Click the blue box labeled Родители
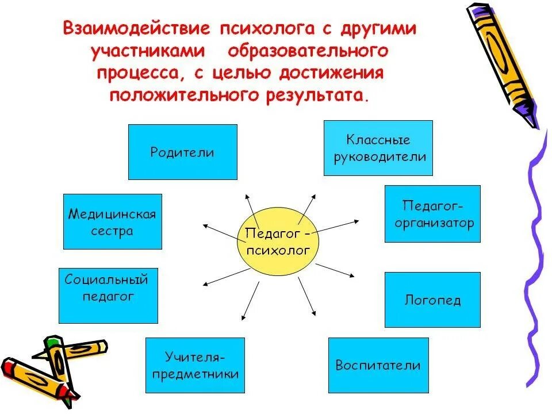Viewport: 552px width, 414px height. pyautogui.click(x=182, y=152)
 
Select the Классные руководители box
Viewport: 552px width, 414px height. pyautogui.click(x=378, y=148)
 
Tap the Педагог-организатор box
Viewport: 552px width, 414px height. pyautogui.click(x=432, y=213)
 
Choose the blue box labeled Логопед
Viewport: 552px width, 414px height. pyautogui.click(x=432, y=300)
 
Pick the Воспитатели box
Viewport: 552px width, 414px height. pyautogui.click(x=378, y=365)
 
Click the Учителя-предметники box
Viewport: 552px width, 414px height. pyautogui.click(x=195, y=366)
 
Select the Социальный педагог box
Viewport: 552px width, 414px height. pyautogui.click(x=108, y=296)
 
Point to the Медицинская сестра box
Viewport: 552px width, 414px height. pyautogui.click(x=112, y=221)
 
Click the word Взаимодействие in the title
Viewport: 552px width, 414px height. pyautogui.click(x=136, y=29)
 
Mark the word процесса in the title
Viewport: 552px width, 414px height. pyautogui.click(x=147, y=73)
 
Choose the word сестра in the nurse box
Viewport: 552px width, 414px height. pyautogui.click(x=112, y=231)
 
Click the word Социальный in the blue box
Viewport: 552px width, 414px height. pyautogui.click(x=107, y=280)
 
